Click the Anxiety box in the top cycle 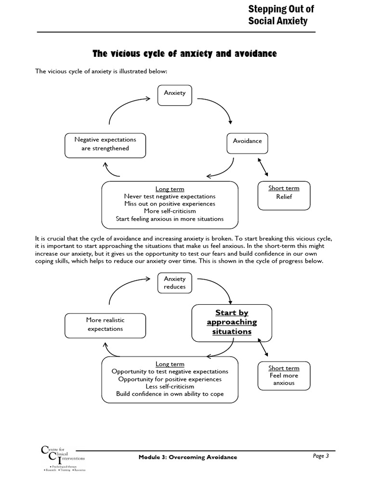[x=174, y=93]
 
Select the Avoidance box [x=247, y=142]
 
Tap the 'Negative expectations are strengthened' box [x=105, y=144]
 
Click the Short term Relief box [x=284, y=195]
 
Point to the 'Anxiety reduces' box [x=174, y=283]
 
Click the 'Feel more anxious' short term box [x=284, y=376]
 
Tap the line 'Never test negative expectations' [x=170, y=196]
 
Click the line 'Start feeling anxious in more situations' [x=170, y=219]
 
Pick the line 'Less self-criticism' [x=170, y=386]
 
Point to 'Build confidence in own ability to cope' [x=170, y=394]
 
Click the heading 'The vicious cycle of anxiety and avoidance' [x=185, y=54]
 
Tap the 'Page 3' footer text [x=320, y=456]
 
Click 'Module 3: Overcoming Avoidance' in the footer [x=187, y=457]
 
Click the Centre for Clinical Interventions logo [x=63, y=459]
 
